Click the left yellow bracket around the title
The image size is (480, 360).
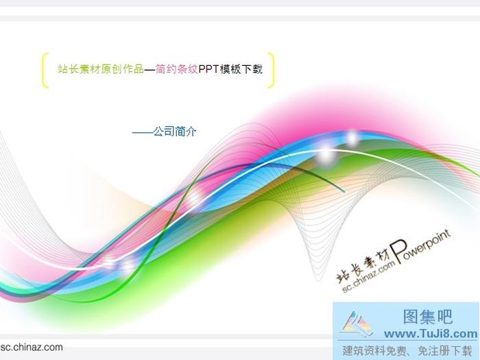click(45, 70)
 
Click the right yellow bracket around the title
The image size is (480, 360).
click(272, 70)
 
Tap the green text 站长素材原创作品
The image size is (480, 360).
click(101, 69)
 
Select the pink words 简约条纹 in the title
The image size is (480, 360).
click(176, 69)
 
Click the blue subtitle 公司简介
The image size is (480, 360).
click(175, 131)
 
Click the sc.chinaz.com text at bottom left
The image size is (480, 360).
click(32, 347)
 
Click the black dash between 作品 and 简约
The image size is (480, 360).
click(149, 69)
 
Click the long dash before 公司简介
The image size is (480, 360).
click(142, 131)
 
